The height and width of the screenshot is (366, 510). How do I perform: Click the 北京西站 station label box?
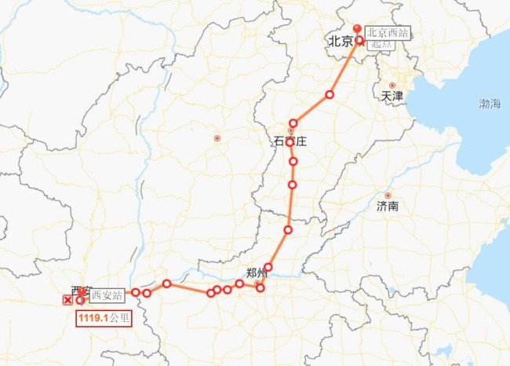click(x=388, y=33)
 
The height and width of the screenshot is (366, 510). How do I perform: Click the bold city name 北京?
click(x=339, y=42)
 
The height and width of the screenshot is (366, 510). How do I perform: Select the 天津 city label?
click(x=392, y=96)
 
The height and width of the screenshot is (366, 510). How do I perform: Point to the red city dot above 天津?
click(x=392, y=85)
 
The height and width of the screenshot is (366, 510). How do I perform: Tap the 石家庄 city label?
click(x=290, y=141)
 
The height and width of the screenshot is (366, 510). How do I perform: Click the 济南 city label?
click(x=388, y=207)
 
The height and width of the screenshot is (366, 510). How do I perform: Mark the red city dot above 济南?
click(x=388, y=196)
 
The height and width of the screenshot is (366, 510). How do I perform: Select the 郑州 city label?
click(x=257, y=273)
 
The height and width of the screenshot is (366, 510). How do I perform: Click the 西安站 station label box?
click(x=106, y=295)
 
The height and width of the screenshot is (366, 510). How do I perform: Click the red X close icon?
click(x=67, y=300)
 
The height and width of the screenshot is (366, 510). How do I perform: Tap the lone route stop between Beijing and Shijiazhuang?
click(x=330, y=95)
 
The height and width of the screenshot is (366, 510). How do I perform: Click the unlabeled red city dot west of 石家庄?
click(x=217, y=139)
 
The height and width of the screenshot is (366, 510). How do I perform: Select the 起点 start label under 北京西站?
click(x=381, y=44)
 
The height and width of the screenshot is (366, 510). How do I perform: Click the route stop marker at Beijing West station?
click(x=359, y=40)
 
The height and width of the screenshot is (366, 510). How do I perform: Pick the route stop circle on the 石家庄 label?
click(x=290, y=143)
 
